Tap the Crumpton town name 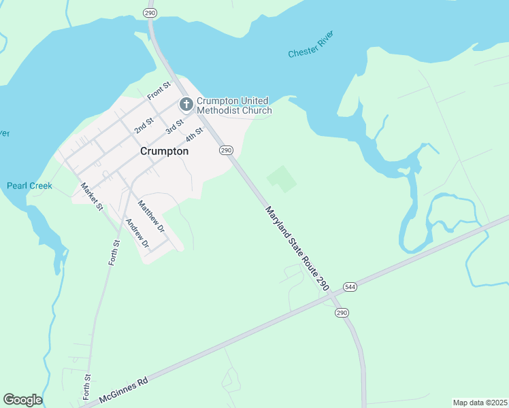coord(164,152)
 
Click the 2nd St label coord(144,124)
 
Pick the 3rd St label coord(176,126)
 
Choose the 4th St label coord(195,136)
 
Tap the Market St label coord(91,196)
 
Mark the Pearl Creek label coord(29,186)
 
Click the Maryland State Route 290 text coord(297,250)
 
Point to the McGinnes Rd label coord(123,391)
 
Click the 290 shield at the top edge coord(150,13)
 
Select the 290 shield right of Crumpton coord(227,150)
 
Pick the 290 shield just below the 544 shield coord(342,312)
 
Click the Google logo coord(22,400)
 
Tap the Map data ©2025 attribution coord(480,403)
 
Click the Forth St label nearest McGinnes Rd coord(87,386)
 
